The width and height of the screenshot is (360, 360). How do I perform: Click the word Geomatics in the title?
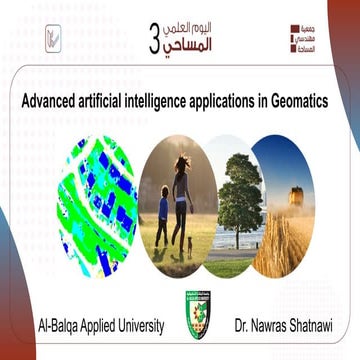tap(318, 100)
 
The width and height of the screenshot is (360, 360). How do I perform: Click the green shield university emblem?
tap(179, 310)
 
